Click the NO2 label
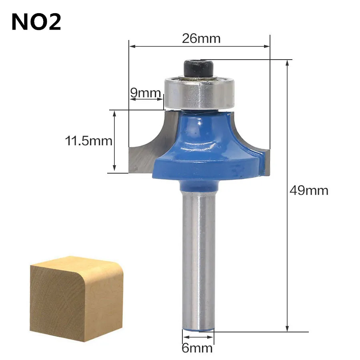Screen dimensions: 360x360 click(x=36, y=22)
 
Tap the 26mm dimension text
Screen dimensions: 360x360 click(x=201, y=38)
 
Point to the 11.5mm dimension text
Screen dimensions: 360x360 click(x=88, y=141)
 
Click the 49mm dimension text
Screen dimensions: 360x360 click(x=309, y=190)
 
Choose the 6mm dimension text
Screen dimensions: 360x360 click(x=197, y=348)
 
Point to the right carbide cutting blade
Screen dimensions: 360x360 click(x=265, y=162)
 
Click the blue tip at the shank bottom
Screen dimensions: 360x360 click(x=198, y=330)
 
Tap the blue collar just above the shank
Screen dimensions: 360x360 click(x=199, y=185)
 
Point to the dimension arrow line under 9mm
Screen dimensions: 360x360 click(x=146, y=99)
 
